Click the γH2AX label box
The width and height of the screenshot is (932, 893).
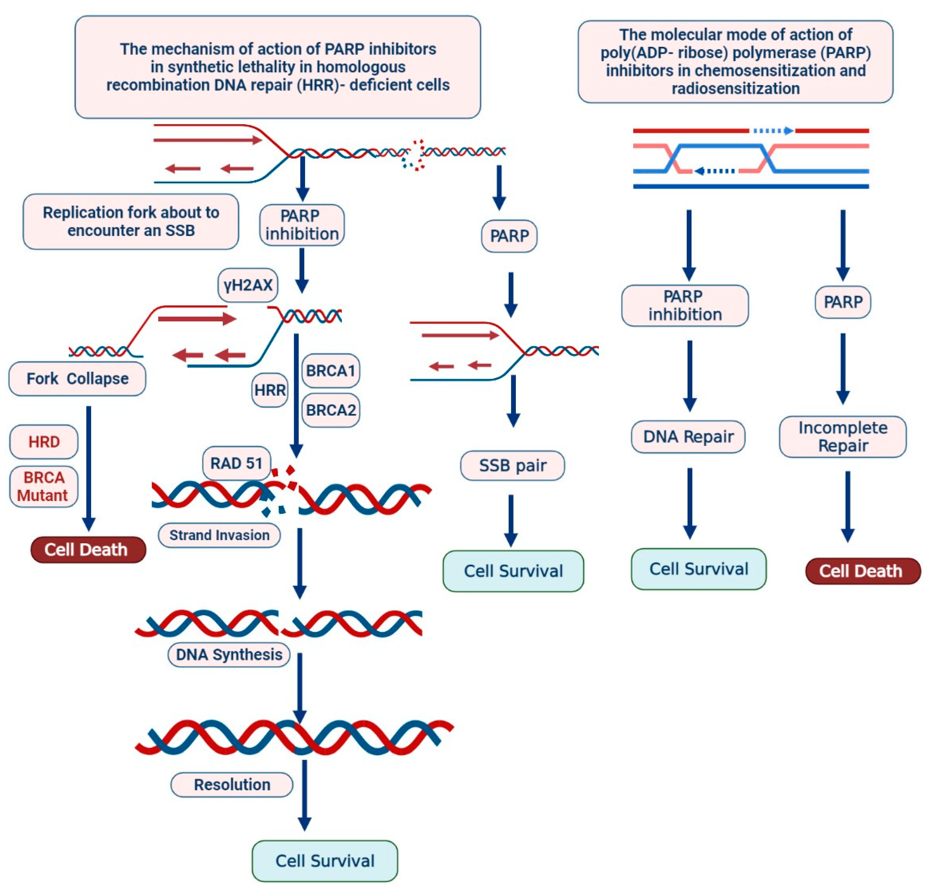(x=248, y=285)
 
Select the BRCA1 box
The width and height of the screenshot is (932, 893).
(x=331, y=370)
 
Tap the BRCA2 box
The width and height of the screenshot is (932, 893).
(x=331, y=410)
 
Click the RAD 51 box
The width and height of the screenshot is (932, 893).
(x=236, y=463)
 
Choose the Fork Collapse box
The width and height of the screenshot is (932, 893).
(x=77, y=379)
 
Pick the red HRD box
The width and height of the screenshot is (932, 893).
(x=44, y=442)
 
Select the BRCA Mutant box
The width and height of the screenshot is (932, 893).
(x=43, y=486)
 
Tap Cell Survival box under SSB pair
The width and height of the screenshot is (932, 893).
(x=513, y=571)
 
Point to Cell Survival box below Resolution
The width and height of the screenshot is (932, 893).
(x=325, y=861)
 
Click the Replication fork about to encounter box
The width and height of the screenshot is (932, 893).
(x=131, y=222)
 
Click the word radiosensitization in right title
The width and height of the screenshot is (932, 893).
(x=735, y=88)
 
